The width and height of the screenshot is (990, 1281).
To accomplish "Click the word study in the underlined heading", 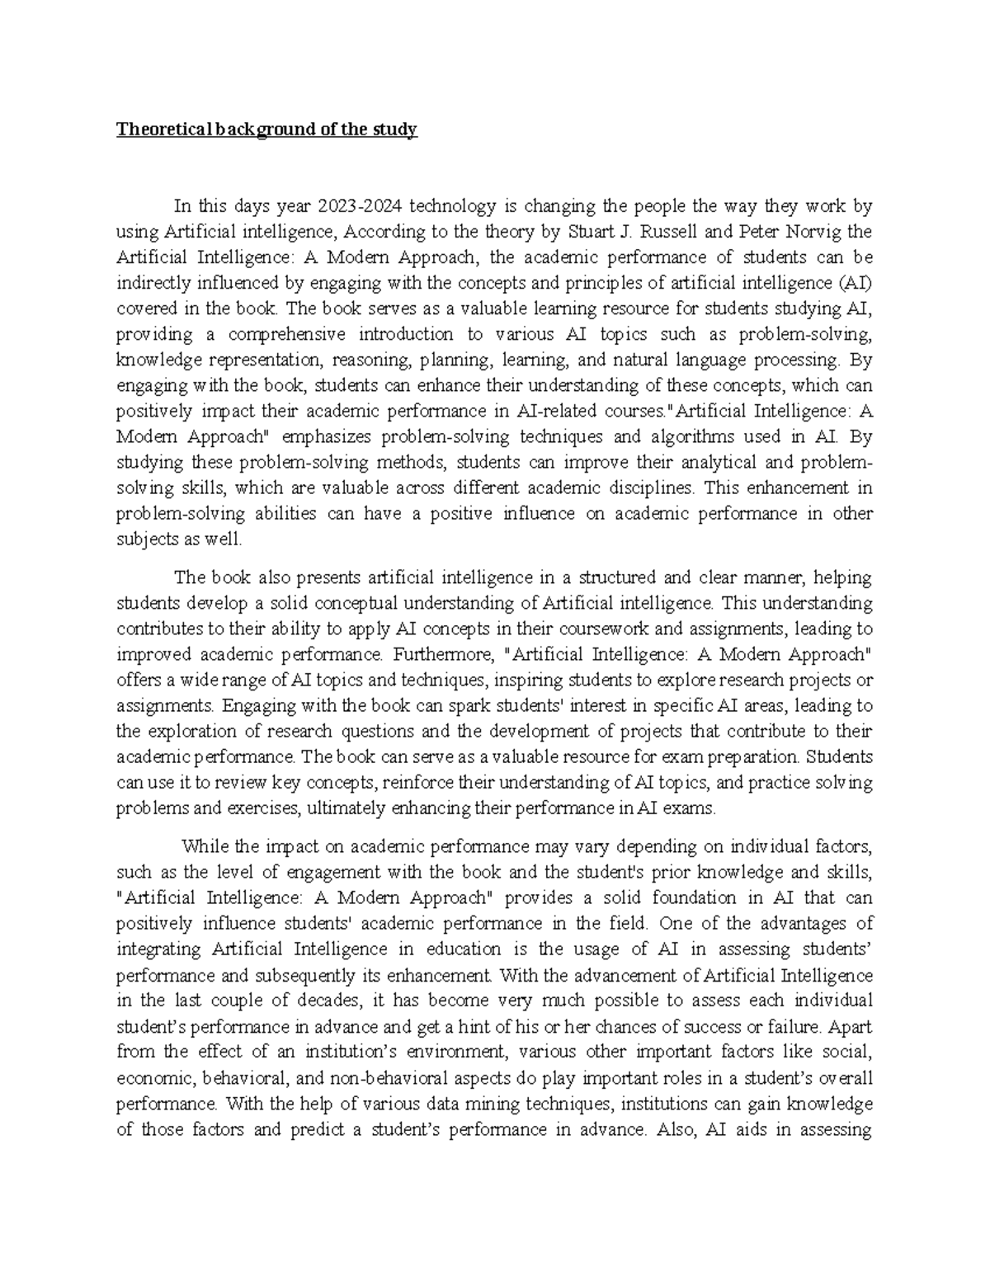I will (397, 130).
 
